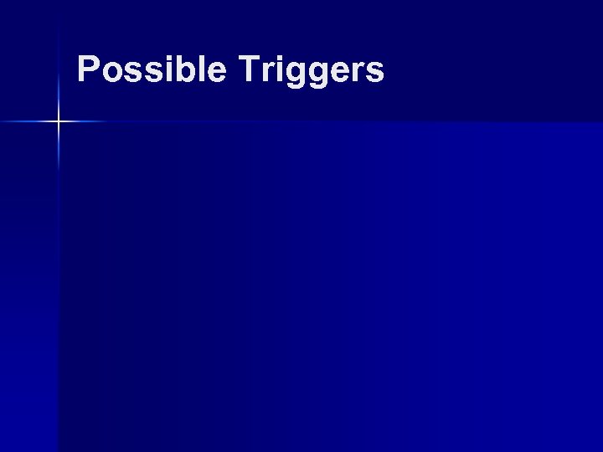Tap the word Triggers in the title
(x=310, y=71)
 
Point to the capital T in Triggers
(x=247, y=69)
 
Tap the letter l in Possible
(x=198, y=69)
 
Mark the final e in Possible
(x=214, y=73)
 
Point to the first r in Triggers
(x=265, y=73)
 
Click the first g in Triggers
(x=294, y=75)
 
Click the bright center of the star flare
(x=59, y=122)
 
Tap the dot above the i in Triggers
(x=277, y=59)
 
